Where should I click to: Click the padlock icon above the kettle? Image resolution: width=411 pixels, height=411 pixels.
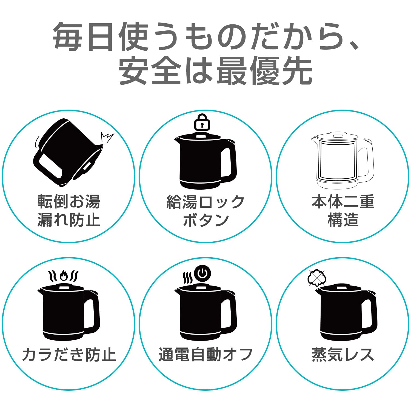click(x=202, y=122)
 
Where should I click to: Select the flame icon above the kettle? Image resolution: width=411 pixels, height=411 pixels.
click(x=64, y=275)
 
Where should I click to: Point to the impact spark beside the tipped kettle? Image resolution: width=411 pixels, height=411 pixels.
click(x=107, y=137)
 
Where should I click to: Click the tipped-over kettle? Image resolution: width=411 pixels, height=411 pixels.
click(x=67, y=153)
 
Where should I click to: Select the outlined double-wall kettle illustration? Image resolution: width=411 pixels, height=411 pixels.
click(x=342, y=160)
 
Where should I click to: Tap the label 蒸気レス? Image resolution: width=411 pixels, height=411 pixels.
click(x=343, y=355)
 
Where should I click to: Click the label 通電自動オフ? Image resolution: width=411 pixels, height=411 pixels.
click(x=206, y=355)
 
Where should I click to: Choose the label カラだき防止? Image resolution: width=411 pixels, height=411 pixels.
click(x=69, y=355)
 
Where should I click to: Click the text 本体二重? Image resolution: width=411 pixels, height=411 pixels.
click(x=343, y=202)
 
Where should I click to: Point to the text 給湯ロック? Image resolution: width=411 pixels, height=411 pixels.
click(x=206, y=202)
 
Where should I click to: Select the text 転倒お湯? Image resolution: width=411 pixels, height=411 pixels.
click(x=69, y=202)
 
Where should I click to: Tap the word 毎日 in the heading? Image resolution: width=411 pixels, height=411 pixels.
click(x=82, y=37)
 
